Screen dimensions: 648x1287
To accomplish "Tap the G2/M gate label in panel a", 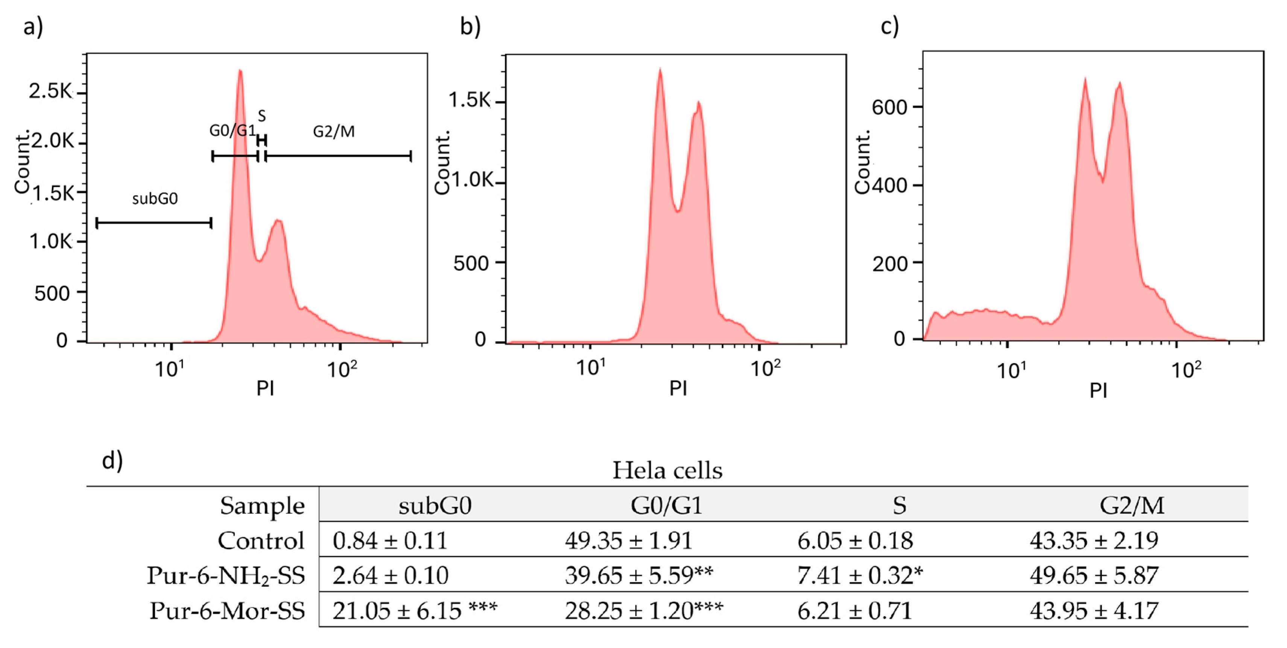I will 334,131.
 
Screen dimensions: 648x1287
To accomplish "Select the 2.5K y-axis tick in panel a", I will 50,91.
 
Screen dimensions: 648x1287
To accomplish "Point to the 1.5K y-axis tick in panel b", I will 470,100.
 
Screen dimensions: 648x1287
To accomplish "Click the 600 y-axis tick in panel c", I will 889,107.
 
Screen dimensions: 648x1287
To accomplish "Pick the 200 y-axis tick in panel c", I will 889,263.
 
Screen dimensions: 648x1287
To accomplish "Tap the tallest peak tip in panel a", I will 240,71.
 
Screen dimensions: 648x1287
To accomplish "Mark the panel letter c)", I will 889,26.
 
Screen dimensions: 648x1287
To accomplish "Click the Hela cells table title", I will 667,470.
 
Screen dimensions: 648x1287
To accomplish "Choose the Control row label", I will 261,541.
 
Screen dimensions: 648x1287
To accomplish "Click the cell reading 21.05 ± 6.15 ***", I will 415,610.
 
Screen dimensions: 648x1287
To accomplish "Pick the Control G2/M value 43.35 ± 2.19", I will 1094,541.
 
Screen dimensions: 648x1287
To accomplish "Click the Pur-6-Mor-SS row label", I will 227,610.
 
